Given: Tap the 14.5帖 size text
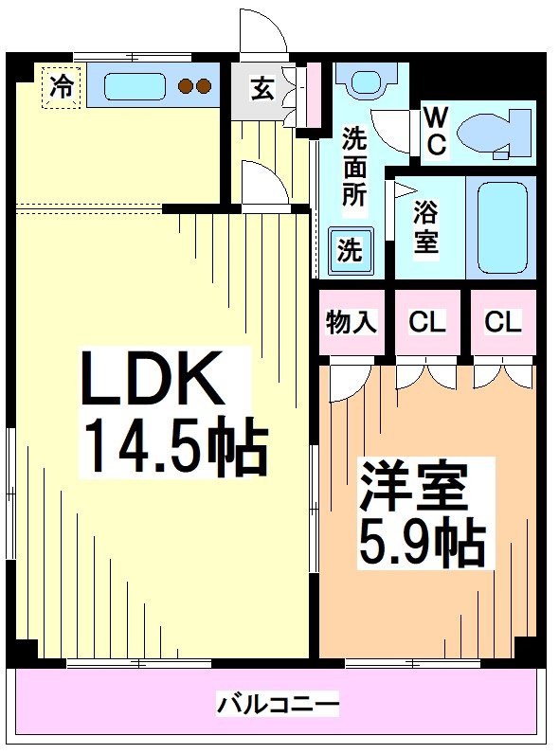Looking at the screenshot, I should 175,444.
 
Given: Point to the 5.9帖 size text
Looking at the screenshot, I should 421,543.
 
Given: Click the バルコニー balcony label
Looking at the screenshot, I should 279,704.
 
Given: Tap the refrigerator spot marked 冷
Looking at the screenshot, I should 62,88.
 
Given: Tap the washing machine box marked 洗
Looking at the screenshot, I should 351,251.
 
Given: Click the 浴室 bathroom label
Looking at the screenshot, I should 425,227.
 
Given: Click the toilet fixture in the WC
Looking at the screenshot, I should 493,134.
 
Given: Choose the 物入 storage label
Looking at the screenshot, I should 352,323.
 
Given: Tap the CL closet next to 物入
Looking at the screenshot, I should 426,323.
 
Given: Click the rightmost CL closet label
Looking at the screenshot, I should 502,323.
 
